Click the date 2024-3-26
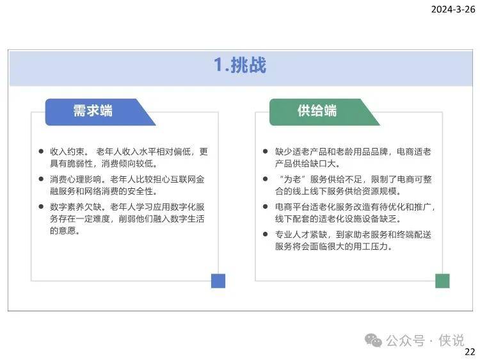click(453, 10)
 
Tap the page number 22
click(470, 352)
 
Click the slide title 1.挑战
click(240, 65)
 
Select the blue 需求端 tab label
click(93, 111)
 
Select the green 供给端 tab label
click(317, 111)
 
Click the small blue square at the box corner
click(218, 281)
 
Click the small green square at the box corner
click(442, 281)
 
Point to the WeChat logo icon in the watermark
click(373, 340)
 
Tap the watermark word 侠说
click(452, 340)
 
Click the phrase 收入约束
click(67, 152)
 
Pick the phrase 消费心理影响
click(76, 179)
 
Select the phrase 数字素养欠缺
click(76, 207)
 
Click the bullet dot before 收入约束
click(41, 151)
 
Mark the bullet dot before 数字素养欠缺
click(41, 206)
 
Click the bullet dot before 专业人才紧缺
click(266, 234)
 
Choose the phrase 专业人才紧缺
click(301, 234)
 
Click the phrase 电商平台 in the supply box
click(292, 207)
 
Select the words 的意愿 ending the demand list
click(63, 231)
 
